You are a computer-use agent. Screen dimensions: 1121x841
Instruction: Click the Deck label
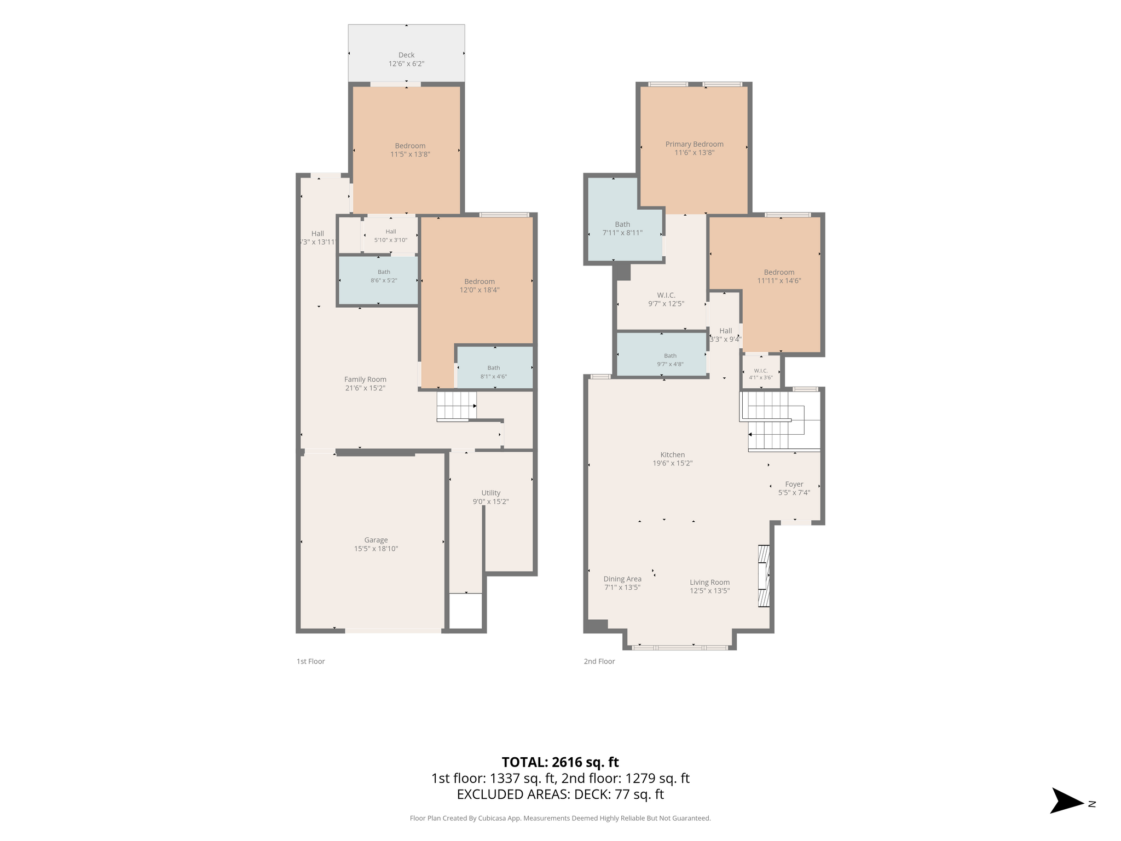406,55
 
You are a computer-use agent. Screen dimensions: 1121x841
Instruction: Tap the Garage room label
376,540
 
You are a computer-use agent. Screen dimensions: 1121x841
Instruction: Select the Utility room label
491,493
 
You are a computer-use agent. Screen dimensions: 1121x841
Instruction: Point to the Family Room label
365,379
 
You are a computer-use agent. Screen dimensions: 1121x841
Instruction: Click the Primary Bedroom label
695,144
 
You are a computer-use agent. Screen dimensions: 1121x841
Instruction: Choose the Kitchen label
673,454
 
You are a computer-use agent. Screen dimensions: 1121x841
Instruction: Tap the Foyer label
794,484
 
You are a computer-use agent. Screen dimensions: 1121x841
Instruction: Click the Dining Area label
622,579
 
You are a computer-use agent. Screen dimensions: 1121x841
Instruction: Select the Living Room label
710,583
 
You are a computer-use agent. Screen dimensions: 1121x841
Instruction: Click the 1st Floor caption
311,661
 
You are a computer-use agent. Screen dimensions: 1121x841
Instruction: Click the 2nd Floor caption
599,661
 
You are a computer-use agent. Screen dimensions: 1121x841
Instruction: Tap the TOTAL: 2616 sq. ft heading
560,762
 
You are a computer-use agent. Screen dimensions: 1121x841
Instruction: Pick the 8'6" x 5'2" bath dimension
384,280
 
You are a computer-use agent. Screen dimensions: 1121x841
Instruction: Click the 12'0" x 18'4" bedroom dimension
479,290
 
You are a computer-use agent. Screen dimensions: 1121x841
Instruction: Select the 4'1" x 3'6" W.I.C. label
761,377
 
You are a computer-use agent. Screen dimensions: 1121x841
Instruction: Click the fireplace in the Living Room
764,575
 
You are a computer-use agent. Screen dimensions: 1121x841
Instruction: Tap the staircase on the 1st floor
457,406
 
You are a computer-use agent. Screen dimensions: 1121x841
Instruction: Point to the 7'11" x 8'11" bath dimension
622,233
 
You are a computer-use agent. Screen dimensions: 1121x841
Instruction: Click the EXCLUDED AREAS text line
560,794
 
